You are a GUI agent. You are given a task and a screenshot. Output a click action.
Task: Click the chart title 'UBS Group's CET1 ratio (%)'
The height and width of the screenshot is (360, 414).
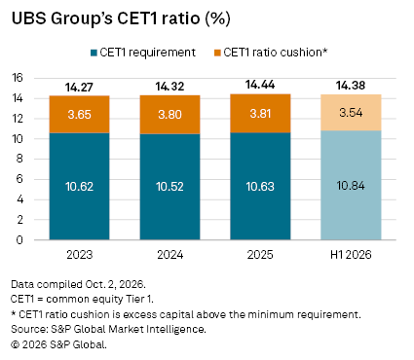[121, 18]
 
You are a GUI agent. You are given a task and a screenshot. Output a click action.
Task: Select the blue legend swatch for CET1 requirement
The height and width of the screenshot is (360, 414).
[94, 53]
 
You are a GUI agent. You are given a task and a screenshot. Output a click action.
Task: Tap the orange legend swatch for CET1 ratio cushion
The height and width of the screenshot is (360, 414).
[217, 53]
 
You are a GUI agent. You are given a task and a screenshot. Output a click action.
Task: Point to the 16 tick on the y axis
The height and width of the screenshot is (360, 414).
[18, 78]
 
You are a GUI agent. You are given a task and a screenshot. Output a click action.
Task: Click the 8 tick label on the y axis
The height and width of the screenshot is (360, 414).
[19, 159]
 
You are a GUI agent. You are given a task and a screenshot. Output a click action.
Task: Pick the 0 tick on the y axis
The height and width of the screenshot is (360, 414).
[19, 240]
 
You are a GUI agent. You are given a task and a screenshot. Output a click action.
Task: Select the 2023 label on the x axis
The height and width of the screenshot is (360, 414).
[80, 255]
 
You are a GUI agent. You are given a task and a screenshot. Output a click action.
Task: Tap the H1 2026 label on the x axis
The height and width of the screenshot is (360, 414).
[351, 255]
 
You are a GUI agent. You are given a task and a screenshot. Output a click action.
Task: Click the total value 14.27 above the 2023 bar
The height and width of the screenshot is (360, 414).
[79, 88]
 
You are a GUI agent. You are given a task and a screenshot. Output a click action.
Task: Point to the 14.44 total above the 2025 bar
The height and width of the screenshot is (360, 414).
[260, 85]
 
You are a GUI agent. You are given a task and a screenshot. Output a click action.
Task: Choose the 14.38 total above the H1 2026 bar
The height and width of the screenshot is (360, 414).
[351, 86]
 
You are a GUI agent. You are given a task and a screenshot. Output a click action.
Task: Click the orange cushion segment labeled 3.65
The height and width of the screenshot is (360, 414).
[79, 115]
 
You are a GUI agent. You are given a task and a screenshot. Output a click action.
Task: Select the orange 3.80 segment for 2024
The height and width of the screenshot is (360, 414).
[169, 115]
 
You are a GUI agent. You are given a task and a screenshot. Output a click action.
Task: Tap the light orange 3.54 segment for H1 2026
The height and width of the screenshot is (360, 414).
[351, 113]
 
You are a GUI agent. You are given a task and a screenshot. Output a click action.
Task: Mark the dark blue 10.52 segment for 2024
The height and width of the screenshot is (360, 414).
[169, 187]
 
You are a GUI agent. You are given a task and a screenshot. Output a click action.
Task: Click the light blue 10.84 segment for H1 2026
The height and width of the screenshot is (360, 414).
[351, 185]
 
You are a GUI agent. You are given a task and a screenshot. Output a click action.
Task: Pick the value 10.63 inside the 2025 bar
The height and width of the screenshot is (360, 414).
[260, 187]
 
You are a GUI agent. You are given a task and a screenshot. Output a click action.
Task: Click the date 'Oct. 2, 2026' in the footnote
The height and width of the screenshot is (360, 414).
[114, 284]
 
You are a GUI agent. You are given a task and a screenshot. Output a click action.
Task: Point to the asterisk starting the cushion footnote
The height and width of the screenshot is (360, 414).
[14, 313]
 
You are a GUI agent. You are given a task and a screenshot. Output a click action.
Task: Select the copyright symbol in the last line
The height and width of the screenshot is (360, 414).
[15, 344]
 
